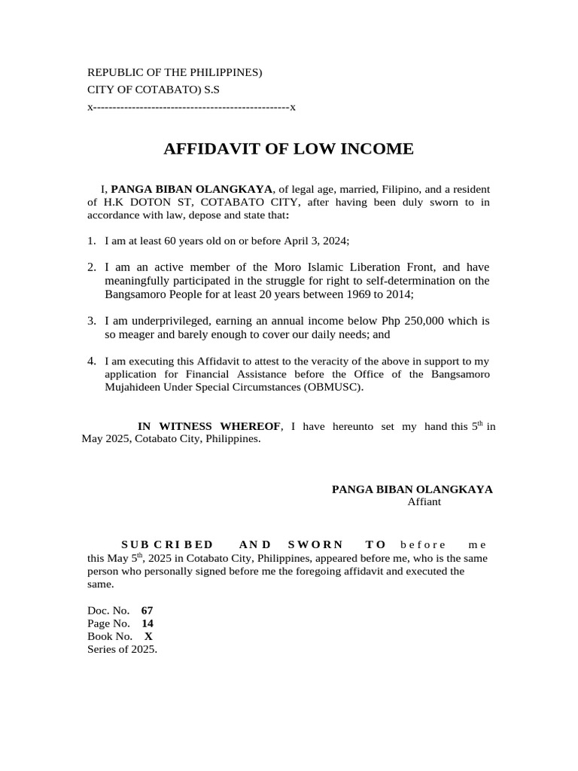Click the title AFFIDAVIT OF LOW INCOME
[x=288, y=149]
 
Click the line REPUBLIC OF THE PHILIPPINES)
[x=175, y=72]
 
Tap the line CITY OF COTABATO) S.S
[x=154, y=90]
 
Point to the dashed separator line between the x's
[x=191, y=107]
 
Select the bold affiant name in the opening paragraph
[x=191, y=188]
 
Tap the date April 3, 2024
[x=315, y=240]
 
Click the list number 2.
[x=91, y=267]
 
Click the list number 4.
[x=91, y=361]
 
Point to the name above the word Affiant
[x=412, y=489]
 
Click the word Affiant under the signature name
[x=424, y=502]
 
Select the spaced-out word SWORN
[x=315, y=544]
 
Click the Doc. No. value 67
[x=147, y=610]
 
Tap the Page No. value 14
[x=148, y=623]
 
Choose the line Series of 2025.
[x=123, y=650]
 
